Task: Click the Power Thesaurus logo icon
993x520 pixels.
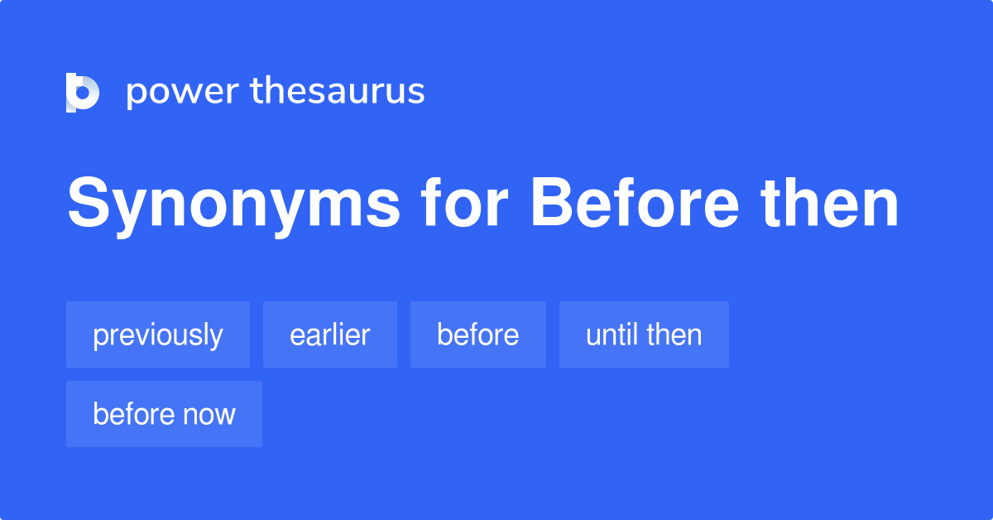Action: tap(83, 92)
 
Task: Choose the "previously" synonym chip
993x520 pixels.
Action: tap(158, 335)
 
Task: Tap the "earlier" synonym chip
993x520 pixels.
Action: tap(330, 335)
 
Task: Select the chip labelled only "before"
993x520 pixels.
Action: tap(478, 335)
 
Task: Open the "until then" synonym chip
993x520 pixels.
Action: tap(644, 335)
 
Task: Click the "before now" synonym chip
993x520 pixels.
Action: tap(164, 414)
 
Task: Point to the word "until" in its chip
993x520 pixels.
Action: tap(613, 335)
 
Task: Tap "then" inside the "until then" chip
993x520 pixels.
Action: tap(674, 335)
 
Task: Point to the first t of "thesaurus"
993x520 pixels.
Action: tap(257, 91)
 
